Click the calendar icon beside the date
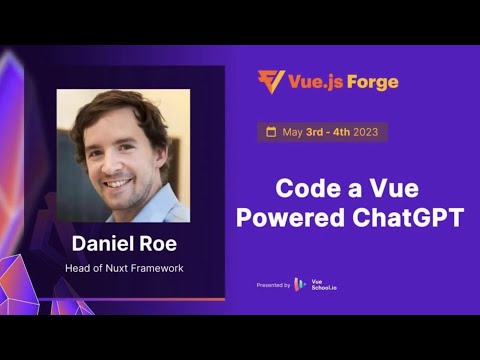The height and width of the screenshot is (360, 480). (269, 132)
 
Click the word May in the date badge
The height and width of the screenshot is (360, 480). (293, 132)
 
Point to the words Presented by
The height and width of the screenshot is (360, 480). (273, 285)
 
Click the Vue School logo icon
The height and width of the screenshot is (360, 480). (300, 285)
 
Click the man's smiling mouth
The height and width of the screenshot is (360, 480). (120, 184)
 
